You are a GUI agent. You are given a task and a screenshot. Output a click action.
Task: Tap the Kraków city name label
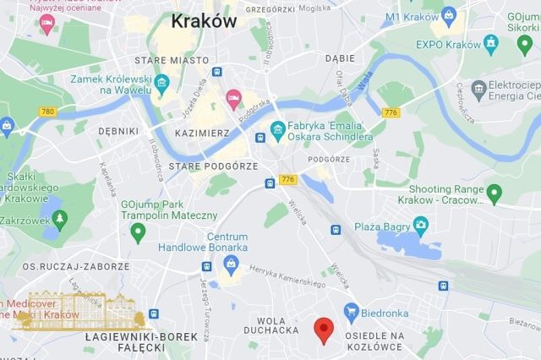click(x=203, y=22)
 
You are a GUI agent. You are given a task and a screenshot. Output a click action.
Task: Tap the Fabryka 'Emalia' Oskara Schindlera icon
click(x=276, y=129)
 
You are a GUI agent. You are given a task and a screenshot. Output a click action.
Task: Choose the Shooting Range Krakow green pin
click(x=495, y=195)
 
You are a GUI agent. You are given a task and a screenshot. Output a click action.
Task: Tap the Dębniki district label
click(x=117, y=132)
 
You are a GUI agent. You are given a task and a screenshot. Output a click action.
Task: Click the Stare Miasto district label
click(x=172, y=61)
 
